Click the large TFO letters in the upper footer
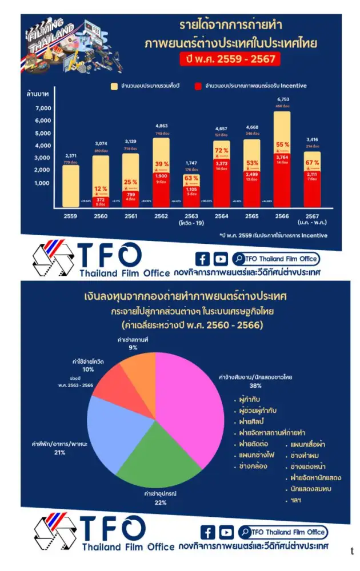pyautogui.click(x=109, y=255)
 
